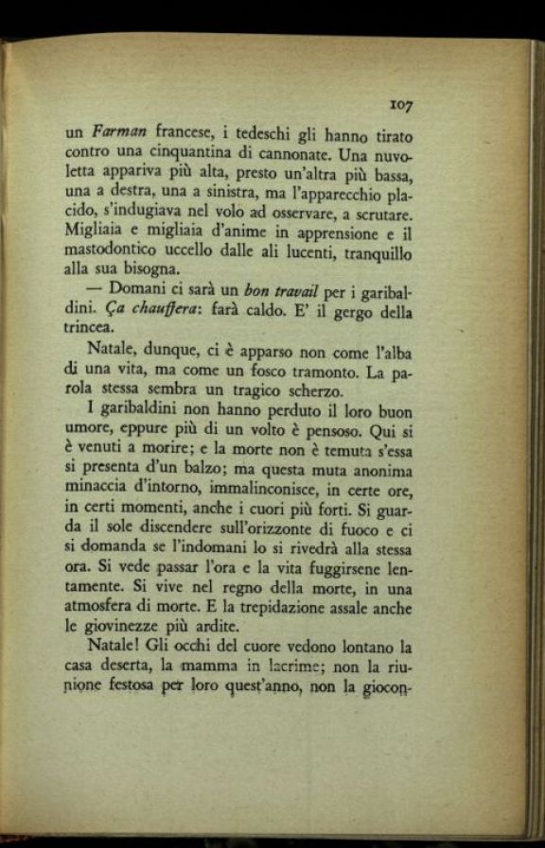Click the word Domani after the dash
point(139,289)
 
